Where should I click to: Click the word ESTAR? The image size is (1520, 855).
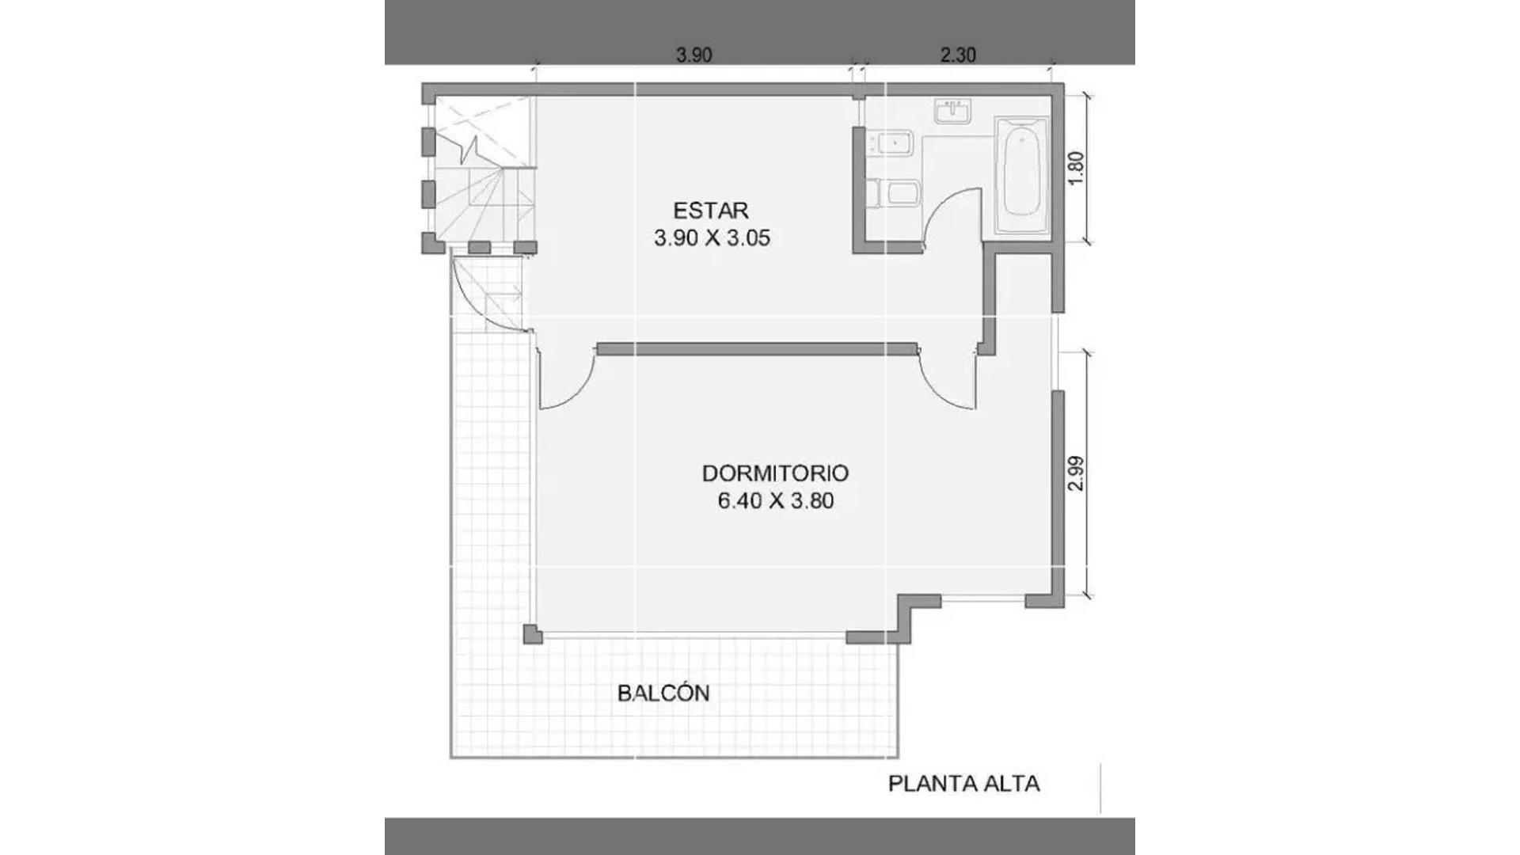pos(711,211)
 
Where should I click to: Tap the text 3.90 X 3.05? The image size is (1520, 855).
pos(712,238)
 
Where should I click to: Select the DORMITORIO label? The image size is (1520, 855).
pos(775,473)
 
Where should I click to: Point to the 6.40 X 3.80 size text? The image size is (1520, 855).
pos(775,501)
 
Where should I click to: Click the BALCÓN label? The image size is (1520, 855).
pos(663,693)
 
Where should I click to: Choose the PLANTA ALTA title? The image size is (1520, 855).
pos(963,784)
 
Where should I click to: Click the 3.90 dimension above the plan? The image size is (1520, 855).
pos(693,55)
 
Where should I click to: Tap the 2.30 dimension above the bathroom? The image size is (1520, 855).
pos(958,55)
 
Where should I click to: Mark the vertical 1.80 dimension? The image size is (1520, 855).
pos(1076,169)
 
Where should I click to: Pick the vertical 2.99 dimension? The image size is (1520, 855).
pos(1076,473)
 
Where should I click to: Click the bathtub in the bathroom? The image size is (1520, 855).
pos(1021,176)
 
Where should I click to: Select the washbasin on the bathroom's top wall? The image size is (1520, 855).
pos(953,112)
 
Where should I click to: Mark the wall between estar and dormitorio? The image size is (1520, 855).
pos(757,349)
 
